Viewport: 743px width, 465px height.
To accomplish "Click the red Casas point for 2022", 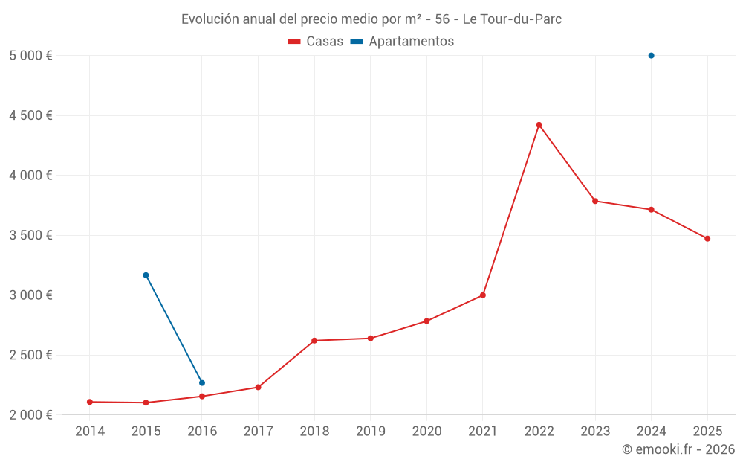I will tap(539, 125).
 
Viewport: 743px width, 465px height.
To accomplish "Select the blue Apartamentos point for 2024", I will tap(651, 56).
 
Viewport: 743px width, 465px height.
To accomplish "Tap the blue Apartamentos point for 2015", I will tap(146, 275).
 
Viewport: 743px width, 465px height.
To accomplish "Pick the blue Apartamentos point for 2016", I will tap(202, 383).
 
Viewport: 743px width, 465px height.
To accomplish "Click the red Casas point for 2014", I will tap(90, 402).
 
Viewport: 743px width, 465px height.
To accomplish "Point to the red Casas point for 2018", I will tap(314, 341).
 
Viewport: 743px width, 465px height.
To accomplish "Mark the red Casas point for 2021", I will tap(483, 295).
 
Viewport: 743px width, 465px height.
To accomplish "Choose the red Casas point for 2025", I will tap(707, 239).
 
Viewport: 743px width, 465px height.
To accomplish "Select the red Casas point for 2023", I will tap(595, 201).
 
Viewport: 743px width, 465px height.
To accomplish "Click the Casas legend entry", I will tap(316, 42).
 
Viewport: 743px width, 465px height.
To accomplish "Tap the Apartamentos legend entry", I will tap(402, 42).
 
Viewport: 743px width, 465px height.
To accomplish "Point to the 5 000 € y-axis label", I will tap(30, 56).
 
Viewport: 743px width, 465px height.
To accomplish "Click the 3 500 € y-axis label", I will tap(30, 235).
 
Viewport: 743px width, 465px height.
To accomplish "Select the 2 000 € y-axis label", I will tap(30, 414).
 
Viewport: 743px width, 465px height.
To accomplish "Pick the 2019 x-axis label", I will tap(370, 431).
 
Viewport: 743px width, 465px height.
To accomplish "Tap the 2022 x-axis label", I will tap(539, 431).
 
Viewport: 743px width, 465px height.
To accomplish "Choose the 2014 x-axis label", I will tap(90, 431).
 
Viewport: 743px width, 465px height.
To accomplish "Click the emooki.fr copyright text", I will tap(678, 449).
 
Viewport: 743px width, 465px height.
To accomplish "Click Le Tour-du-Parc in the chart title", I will tap(512, 19).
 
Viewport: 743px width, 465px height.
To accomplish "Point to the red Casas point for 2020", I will tap(426, 321).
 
